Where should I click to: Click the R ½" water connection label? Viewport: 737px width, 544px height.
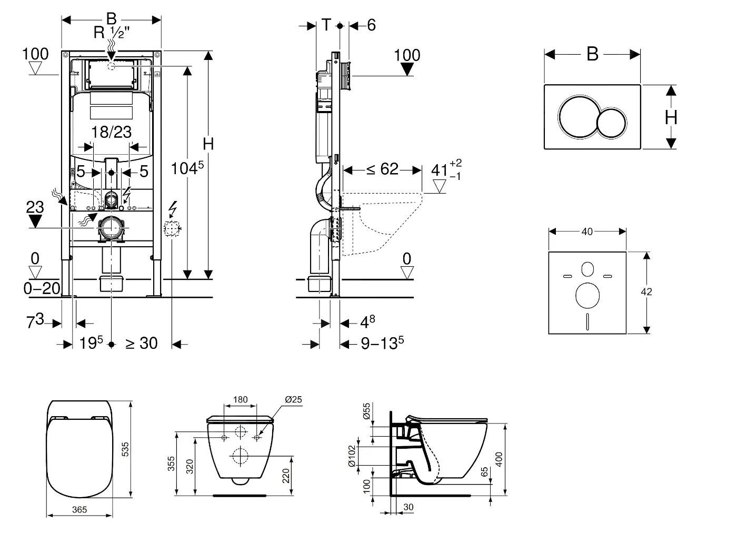tap(111, 33)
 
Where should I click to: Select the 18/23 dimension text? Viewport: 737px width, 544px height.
tap(111, 132)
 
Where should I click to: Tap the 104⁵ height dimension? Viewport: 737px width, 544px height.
tap(187, 168)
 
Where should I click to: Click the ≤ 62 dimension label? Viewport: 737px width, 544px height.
tap(382, 169)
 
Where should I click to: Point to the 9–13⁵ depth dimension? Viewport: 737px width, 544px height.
tap(382, 344)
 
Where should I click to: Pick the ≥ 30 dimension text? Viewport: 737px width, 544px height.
tap(141, 343)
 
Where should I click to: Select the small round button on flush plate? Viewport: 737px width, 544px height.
tap(612, 123)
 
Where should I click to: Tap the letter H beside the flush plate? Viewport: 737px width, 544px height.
tap(671, 117)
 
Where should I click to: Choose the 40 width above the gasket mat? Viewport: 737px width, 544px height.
tap(587, 231)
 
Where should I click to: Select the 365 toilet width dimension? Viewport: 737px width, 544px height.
tap(79, 509)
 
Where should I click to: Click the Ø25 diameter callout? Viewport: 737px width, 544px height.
tap(293, 399)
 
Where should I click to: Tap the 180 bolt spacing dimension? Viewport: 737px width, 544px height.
tap(240, 399)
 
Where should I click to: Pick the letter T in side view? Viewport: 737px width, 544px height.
tap(327, 25)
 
